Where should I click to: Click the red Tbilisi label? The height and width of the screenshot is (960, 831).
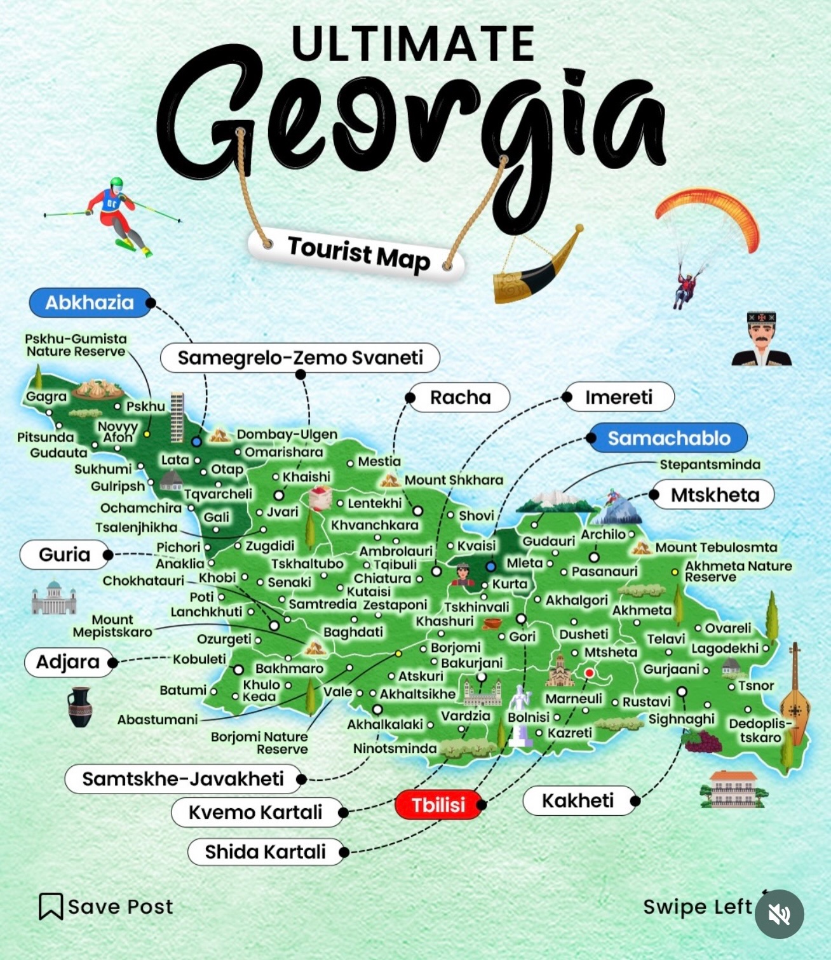[438, 805]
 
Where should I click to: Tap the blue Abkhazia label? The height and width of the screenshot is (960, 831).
[90, 302]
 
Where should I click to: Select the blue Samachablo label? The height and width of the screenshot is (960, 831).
[668, 438]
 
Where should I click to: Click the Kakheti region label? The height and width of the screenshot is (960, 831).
[578, 801]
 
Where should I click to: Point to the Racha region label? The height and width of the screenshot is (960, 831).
[460, 397]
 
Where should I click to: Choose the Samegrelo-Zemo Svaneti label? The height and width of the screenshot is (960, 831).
[300, 358]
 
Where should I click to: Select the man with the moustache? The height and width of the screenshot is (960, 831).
[761, 339]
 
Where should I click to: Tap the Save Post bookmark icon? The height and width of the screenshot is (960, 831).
[50, 906]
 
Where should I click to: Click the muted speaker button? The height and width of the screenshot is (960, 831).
[779, 914]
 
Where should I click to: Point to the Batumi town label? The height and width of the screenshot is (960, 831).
[183, 689]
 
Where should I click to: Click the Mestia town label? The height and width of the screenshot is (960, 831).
[379, 461]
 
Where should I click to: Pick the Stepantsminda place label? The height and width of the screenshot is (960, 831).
[710, 464]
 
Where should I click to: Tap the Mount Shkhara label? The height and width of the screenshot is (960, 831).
[453, 480]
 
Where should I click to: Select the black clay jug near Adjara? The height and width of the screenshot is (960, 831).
[80, 706]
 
